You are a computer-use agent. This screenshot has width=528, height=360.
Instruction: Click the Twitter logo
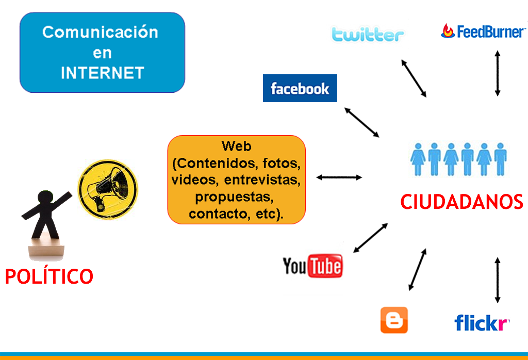[x=368, y=34]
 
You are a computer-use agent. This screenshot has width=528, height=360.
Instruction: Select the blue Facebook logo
[x=300, y=88]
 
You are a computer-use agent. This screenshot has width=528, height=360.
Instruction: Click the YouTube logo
[x=312, y=266]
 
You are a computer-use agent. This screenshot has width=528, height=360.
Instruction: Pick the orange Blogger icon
[x=394, y=320]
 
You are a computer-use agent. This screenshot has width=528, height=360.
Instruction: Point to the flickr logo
[x=482, y=323]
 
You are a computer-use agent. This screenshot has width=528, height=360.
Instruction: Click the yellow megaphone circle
[x=108, y=186]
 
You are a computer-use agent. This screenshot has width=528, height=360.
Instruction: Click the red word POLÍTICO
[x=49, y=277]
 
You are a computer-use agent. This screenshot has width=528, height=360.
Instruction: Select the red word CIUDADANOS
[x=461, y=202]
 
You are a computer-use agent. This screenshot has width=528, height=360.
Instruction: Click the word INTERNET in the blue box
[x=102, y=73]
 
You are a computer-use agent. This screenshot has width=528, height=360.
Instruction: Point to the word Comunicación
[x=100, y=32]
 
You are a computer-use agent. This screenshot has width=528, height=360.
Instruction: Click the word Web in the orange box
[x=236, y=146]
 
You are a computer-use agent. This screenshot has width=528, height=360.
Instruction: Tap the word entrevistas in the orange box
[x=262, y=180]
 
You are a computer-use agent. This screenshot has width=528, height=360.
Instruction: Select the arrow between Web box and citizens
[x=339, y=177]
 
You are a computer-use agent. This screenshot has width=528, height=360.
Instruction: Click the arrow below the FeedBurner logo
[x=498, y=73]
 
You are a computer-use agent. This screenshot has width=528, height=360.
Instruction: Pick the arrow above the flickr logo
[x=498, y=280]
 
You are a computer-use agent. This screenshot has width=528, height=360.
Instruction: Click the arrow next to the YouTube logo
[x=370, y=238]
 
